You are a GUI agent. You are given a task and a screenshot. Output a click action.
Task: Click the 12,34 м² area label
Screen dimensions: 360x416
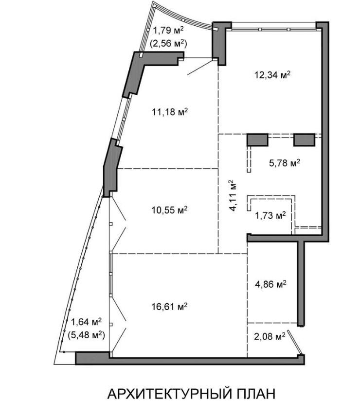coord(272,75)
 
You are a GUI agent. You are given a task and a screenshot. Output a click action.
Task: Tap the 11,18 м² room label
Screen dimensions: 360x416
coord(170,112)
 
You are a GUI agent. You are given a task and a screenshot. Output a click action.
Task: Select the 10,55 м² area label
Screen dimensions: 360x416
coord(170,210)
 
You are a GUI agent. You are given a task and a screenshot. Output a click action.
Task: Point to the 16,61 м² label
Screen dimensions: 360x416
coord(170,307)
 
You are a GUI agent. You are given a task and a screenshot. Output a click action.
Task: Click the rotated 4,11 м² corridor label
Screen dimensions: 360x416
coord(233,195)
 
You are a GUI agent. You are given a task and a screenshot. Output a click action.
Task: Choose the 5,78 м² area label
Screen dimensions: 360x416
coord(285,163)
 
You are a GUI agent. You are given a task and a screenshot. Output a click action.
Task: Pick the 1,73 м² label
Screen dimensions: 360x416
coord(270,215)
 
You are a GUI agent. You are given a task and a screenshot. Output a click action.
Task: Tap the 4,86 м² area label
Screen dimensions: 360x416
coord(270,284)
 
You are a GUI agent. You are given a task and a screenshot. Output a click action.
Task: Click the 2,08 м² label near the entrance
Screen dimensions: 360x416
coord(270,336)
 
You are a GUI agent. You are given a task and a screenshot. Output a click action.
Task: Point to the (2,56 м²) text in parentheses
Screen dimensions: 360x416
coord(169,43)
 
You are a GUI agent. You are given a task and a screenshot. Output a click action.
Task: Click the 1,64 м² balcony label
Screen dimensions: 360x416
coord(86,322)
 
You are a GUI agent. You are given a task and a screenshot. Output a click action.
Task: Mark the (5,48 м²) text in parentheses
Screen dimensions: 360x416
coord(86,335)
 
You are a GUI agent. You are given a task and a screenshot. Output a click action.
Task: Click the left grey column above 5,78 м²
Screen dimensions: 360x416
coord(257,139)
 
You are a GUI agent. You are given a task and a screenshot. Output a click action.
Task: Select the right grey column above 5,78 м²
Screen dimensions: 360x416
coord(304,139)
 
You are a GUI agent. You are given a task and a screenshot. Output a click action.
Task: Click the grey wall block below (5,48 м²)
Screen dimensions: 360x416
coord(92,358)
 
